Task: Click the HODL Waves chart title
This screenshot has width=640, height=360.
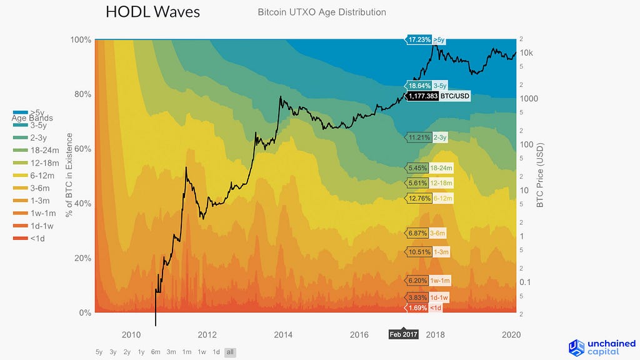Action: pyautogui.click(x=153, y=12)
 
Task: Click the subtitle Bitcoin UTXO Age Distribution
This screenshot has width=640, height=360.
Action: pyautogui.click(x=322, y=12)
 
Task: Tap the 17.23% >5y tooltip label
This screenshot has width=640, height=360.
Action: pyautogui.click(x=427, y=39)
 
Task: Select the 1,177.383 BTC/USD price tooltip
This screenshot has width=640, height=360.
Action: pyautogui.click(x=437, y=96)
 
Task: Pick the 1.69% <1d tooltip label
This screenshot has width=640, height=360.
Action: pyautogui.click(x=425, y=307)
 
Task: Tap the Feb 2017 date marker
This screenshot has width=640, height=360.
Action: pyautogui.click(x=404, y=335)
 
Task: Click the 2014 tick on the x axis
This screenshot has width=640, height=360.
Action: pyautogui.click(x=283, y=335)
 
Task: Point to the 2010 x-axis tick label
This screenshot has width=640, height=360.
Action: pyautogui.click(x=131, y=335)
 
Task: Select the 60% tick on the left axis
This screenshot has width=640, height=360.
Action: pyautogui.click(x=81, y=149)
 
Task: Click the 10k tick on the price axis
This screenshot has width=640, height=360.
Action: pyautogui.click(x=526, y=52)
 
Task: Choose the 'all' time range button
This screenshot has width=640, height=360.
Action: pyautogui.click(x=230, y=352)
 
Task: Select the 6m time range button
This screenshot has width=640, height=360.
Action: pyautogui.click(x=156, y=352)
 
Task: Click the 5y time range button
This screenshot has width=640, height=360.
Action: pyautogui.click(x=99, y=352)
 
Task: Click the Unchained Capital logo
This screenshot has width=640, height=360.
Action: pyautogui.click(x=602, y=347)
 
